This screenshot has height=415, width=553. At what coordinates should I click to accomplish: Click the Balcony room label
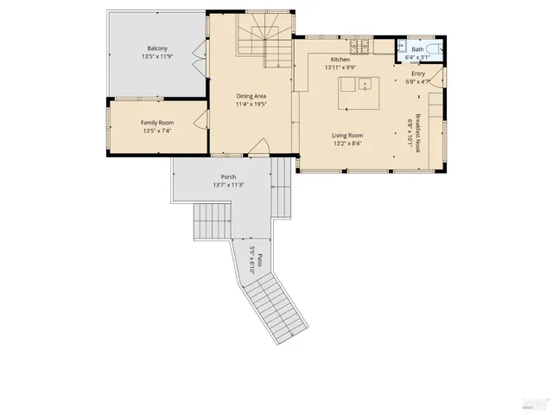click(156, 48)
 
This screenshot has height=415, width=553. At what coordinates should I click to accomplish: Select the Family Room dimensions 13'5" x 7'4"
click(156, 131)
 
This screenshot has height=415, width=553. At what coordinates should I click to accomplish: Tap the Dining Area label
click(251, 96)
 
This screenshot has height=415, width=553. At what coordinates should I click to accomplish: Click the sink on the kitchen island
click(365, 84)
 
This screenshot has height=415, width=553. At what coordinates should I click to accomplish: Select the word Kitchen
click(339, 59)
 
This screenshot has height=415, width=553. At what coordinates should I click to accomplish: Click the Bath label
click(417, 49)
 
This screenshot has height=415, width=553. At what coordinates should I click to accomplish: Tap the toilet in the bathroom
click(438, 48)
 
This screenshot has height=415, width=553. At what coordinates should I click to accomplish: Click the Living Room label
click(347, 136)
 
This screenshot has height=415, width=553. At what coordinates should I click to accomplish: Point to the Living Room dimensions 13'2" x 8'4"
click(347, 144)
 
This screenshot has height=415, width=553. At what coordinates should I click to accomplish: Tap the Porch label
click(229, 176)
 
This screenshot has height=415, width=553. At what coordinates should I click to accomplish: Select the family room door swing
click(202, 122)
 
